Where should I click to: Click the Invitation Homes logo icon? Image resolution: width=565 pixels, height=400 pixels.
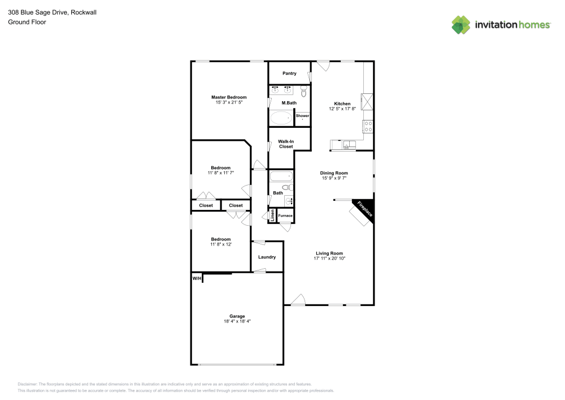pyautogui.click(x=460, y=24)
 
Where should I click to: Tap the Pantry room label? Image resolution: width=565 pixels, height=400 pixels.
pyautogui.click(x=289, y=74)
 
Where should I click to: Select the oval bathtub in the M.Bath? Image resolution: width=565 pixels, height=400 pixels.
pyautogui.click(x=281, y=118)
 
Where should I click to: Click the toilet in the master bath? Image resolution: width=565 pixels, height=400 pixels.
pyautogui.click(x=304, y=91)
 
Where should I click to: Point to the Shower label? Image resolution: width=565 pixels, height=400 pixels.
pyautogui.click(x=302, y=115)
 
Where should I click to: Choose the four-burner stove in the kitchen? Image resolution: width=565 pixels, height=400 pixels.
pyautogui.click(x=368, y=126)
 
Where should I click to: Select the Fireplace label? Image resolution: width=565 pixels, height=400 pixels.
pyautogui.click(x=364, y=209)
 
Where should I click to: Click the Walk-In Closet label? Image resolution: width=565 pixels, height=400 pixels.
pyautogui.click(x=285, y=144)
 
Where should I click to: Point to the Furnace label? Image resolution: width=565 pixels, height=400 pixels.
pyautogui.click(x=285, y=216)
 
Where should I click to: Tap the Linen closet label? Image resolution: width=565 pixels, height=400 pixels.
pyautogui.click(x=272, y=216)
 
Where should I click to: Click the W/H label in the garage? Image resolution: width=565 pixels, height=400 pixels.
pyautogui.click(x=197, y=278)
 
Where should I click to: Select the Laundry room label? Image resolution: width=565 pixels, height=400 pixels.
pyautogui.click(x=267, y=257)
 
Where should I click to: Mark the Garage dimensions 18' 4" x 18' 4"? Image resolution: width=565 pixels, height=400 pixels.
pyautogui.click(x=237, y=321)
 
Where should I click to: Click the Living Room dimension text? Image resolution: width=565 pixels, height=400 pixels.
pyautogui.click(x=329, y=258)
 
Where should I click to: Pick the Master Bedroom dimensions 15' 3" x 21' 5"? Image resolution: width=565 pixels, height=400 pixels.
pyautogui.click(x=229, y=102)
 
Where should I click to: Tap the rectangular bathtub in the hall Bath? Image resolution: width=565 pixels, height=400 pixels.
pyautogui.click(x=281, y=176)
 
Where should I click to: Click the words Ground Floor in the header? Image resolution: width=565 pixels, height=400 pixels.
pyautogui.click(x=27, y=22)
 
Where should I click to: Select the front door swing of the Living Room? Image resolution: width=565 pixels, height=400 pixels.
pyautogui.click(x=298, y=300)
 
